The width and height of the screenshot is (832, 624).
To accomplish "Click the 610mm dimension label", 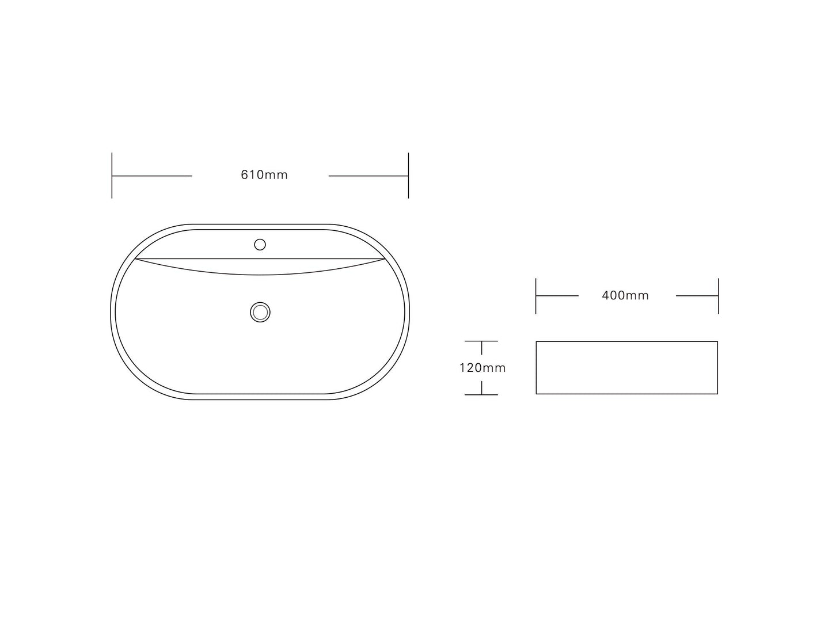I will click(264, 175).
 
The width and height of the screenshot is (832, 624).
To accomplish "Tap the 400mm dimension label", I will click(625, 296).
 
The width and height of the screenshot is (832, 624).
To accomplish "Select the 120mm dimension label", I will click(483, 368).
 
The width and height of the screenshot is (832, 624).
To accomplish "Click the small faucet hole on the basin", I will click(260, 245).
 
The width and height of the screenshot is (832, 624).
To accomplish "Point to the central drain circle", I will click(260, 312).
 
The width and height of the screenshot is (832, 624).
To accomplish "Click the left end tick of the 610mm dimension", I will click(112, 176).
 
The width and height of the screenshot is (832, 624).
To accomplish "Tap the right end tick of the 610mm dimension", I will click(408, 176).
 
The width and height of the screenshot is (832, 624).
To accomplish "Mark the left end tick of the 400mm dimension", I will click(536, 296).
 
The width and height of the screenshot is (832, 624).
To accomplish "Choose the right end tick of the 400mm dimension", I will click(718, 296).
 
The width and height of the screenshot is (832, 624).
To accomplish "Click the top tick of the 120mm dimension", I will click(481, 341).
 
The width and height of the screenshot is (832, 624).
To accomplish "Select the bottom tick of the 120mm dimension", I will click(481, 395).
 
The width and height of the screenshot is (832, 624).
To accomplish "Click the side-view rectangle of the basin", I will click(626, 368).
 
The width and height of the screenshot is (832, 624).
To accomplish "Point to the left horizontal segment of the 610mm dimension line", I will click(152, 176).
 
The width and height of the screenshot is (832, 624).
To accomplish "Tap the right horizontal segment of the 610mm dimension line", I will click(368, 176).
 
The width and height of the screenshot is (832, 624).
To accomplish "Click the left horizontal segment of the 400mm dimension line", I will click(557, 296).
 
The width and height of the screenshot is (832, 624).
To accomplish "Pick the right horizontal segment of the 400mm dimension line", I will click(697, 296).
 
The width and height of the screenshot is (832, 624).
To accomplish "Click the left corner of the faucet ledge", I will click(135, 259).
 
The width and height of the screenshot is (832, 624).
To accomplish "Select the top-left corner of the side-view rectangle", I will click(537, 342).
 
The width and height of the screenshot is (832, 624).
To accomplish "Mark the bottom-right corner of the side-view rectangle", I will click(717, 394).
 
